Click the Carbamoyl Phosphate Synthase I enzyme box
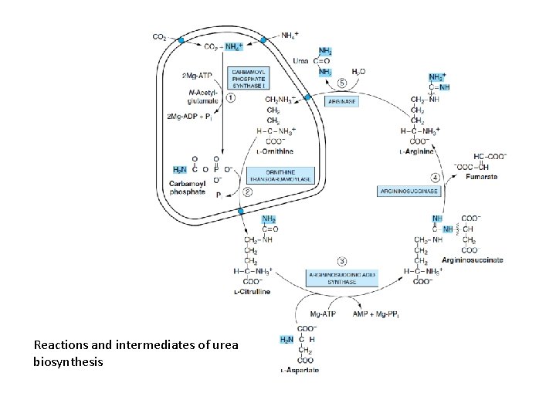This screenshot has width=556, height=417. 249,78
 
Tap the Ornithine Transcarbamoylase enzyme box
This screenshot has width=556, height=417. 288,175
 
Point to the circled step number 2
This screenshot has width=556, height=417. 248,192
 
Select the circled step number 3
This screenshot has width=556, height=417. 343,261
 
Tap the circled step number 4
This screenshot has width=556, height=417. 436,177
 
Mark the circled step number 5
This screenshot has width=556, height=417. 341,83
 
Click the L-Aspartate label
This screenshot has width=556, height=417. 300,371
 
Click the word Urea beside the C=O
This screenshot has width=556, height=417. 300,60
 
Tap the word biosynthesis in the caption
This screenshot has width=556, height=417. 69,361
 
